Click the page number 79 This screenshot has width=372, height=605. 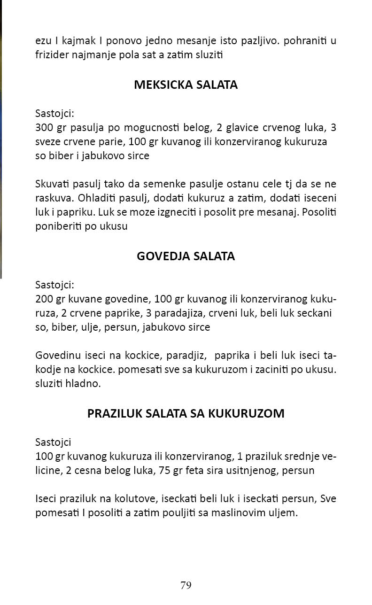(x=186, y=585)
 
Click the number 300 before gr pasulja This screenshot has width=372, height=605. (x=44, y=128)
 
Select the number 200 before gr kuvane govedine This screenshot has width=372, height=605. (x=44, y=299)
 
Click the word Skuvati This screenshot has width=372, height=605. (x=51, y=184)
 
